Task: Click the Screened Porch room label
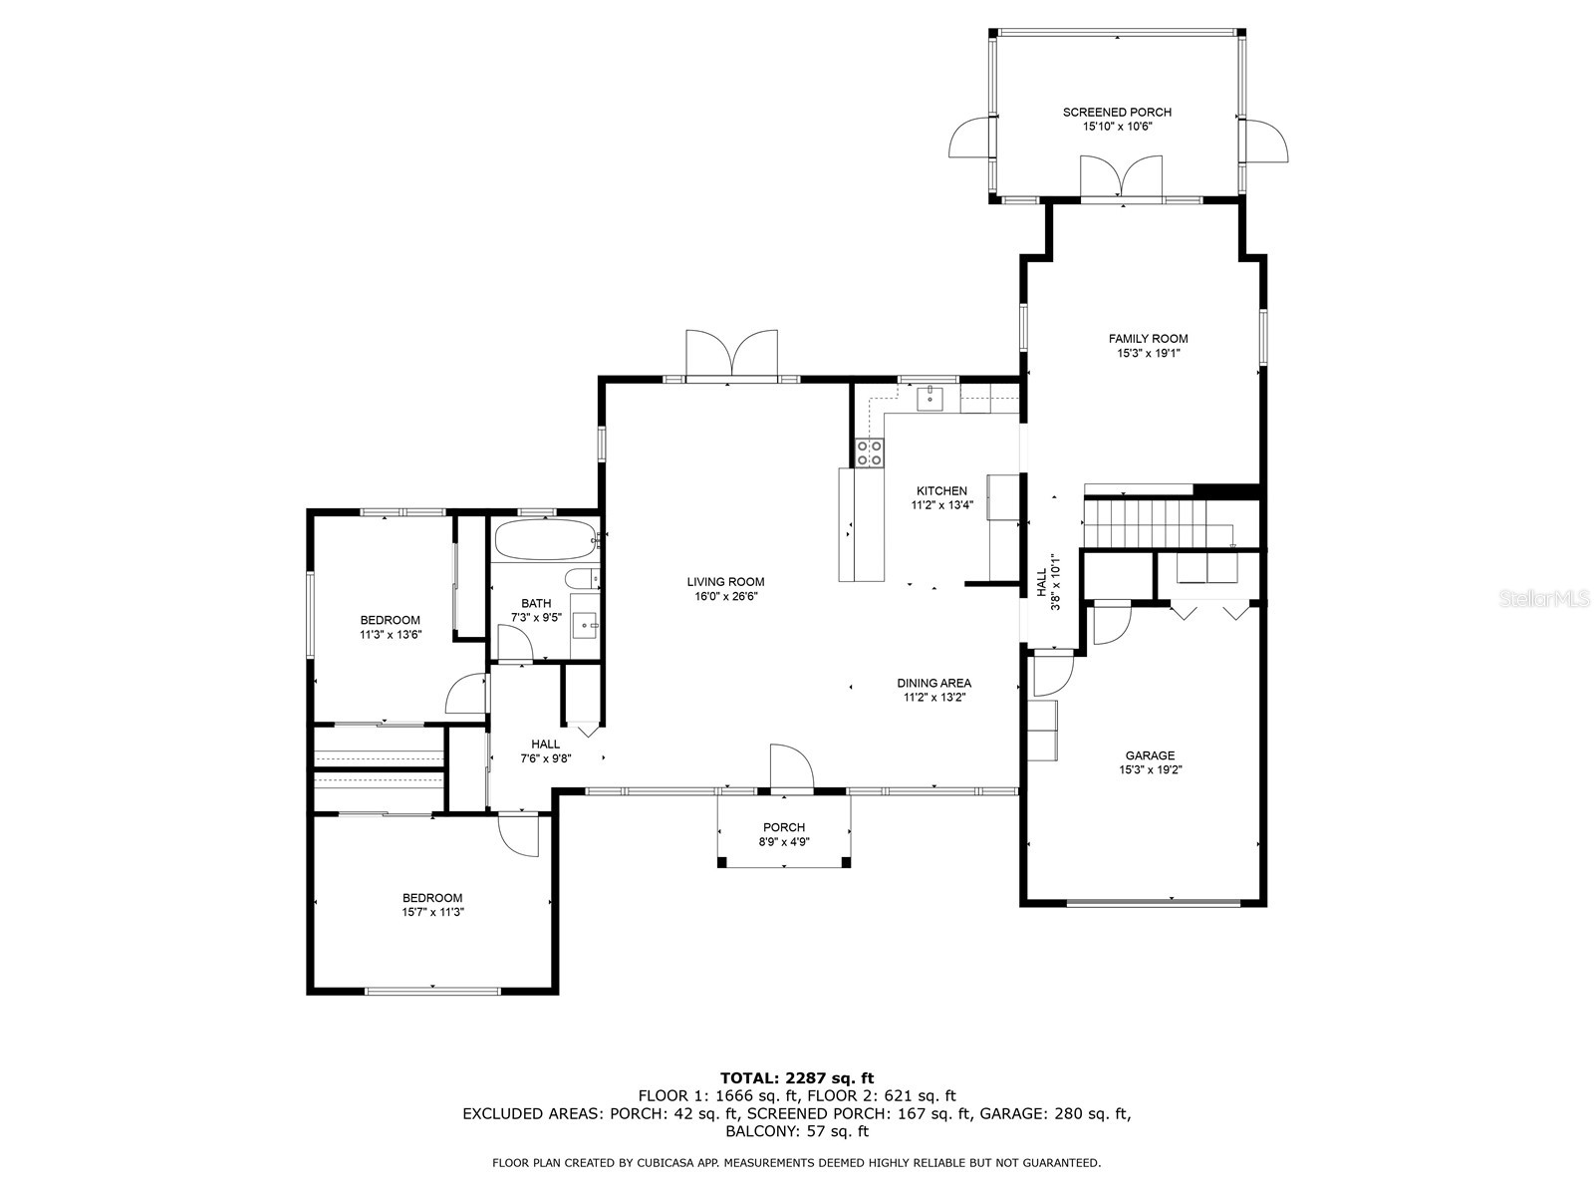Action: pos(1117,113)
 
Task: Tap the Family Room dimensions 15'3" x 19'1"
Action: pos(1148,353)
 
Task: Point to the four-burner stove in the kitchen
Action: pos(869,453)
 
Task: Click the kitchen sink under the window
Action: pos(930,399)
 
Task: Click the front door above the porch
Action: pos(791,768)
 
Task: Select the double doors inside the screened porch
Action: pos(1122,176)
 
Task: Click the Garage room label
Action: pos(1150,755)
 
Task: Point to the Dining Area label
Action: pos(933,683)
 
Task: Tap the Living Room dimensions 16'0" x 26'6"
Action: pos(725,597)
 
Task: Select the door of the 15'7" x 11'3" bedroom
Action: pos(519,834)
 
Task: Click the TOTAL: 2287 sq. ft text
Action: pos(796,1077)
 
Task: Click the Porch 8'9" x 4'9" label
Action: pos(784,834)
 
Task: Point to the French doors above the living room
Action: pos(731,355)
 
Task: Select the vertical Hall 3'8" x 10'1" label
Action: pos(1047,583)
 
